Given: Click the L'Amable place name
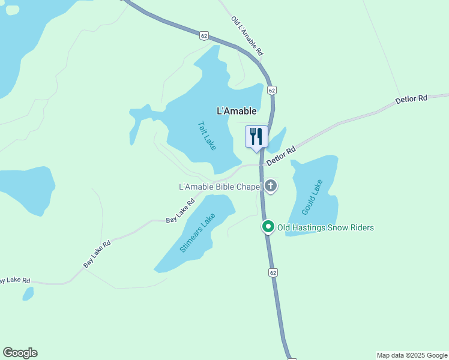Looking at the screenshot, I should pos(237,111).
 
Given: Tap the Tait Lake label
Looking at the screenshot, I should pos(206,136).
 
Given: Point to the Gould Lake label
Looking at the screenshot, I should pos(313,197).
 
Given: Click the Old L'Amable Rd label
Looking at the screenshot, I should pos(247,36).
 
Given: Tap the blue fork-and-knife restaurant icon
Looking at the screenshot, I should pos(256,136).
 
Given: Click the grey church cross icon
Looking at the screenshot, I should pos(271,186).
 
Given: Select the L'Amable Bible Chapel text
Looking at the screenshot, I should pos(221,187).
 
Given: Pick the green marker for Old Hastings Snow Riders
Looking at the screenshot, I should pos(268,227).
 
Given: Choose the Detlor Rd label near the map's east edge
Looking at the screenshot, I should pos(411,99).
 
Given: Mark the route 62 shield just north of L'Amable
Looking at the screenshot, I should pos(272,90).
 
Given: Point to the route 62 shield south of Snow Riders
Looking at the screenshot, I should pos(273,272).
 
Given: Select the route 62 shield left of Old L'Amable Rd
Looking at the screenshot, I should pos(205,36).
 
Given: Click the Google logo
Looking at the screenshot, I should pos(20,353).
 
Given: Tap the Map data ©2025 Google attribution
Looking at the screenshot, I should pos(412,355).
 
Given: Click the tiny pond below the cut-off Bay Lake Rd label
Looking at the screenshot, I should pos(28,293).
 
